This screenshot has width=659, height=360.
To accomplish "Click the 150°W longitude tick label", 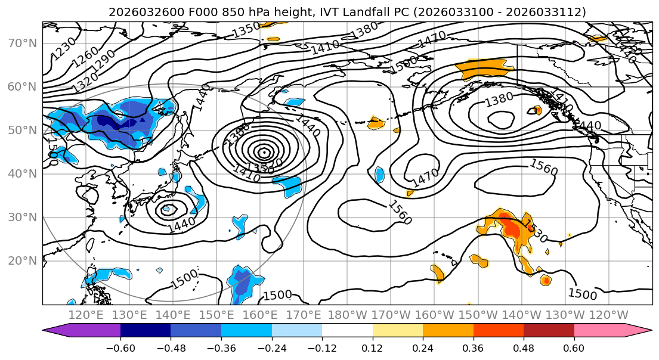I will pyautogui.click(x=479, y=315).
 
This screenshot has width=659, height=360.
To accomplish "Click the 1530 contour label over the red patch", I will pyautogui.click(x=535, y=231).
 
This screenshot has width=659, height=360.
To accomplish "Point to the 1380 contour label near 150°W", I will pyautogui.click(x=499, y=100).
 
